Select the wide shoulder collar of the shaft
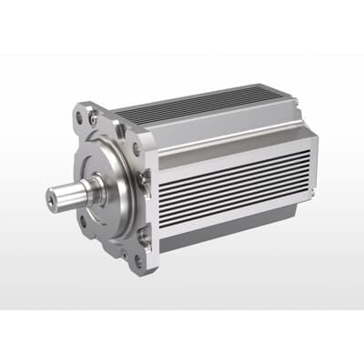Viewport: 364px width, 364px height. [91, 189]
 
